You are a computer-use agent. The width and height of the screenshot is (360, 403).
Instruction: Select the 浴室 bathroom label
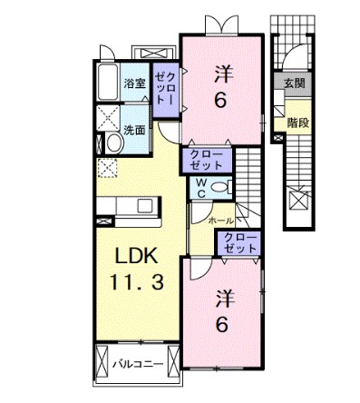pos(135,84)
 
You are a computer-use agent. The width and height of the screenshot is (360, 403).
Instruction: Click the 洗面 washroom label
pos(135,129)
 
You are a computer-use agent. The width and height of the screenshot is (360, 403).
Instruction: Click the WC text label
pos(199,187)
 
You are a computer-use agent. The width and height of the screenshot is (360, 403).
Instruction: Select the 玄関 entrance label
pos(295,84)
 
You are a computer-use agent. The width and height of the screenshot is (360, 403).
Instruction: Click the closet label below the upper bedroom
pos(208,160)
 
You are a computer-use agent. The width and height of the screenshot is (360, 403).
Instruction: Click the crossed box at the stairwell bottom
pos(296,198)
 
